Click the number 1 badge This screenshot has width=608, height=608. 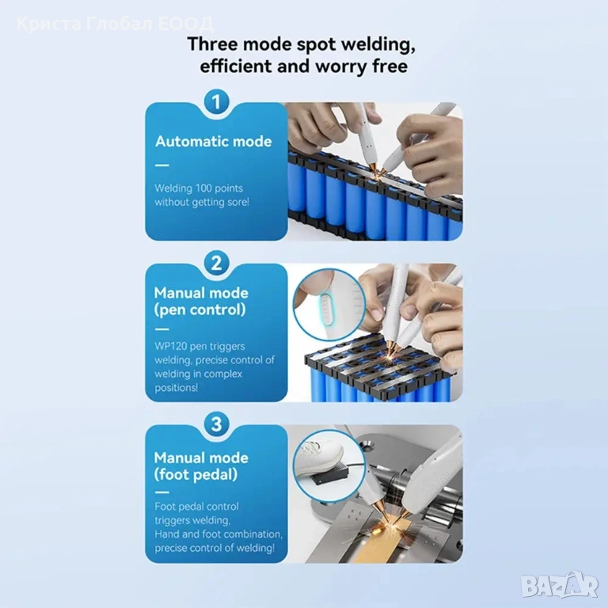point(216,102)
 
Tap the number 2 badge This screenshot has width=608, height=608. point(216,263)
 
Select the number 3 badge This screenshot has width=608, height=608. point(216,424)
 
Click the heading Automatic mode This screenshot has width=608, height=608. point(213,142)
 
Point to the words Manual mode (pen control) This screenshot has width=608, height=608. point(201,302)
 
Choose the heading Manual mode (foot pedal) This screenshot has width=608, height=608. point(201,466)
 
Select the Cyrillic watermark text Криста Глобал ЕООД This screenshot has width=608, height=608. point(115,24)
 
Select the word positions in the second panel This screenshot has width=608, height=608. point(177,388)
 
